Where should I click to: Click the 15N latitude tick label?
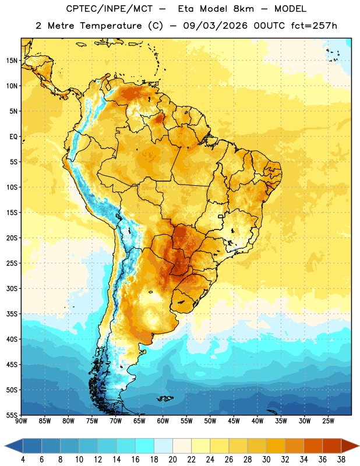12,61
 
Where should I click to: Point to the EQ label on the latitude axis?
13,137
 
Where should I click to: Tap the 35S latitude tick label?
12,314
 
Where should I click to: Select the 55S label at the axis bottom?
12,415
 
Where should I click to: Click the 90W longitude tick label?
22,421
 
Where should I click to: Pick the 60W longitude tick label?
163,421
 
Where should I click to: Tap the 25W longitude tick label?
328,421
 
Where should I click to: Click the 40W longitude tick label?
257,421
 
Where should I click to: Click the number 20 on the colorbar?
172,460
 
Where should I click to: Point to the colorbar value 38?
341,460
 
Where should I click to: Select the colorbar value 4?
23,460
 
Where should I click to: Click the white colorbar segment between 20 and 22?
182,446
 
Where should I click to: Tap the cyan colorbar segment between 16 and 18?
144,446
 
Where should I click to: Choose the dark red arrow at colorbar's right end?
350,446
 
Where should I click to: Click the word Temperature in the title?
111,26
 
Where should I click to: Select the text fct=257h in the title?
314,26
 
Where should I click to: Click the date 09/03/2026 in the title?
215,26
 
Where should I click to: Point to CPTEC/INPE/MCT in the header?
109,9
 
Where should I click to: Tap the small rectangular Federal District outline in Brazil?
221,216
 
